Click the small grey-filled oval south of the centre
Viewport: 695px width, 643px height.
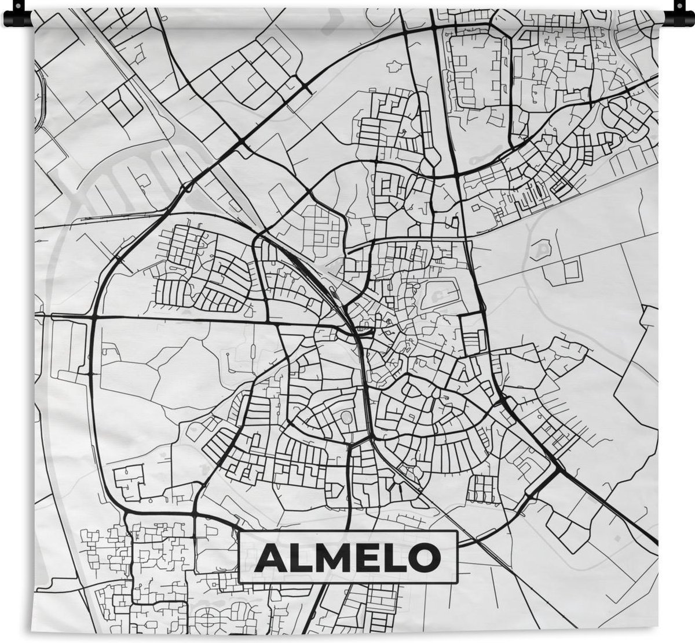[x=348, y=417]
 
